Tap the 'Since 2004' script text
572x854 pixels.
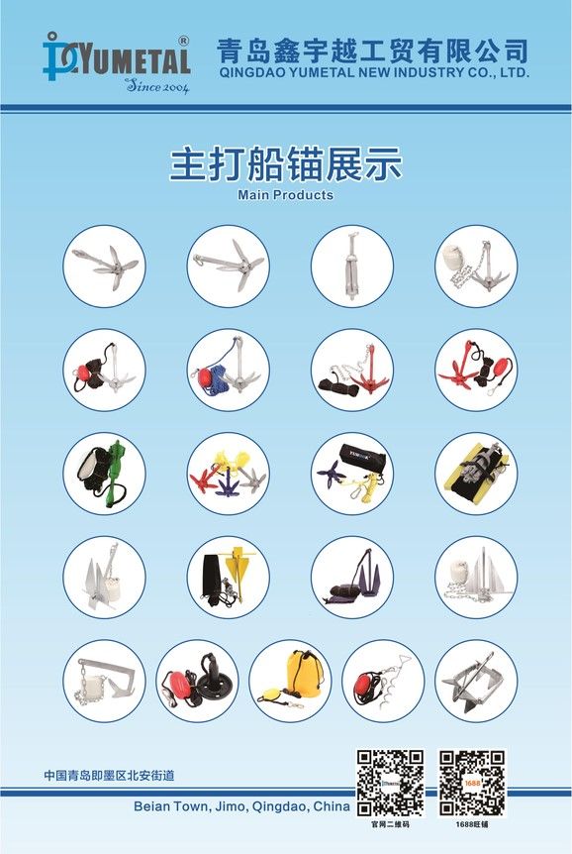click(156, 86)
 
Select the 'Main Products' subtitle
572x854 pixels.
click(285, 194)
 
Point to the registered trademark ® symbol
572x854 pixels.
click(183, 41)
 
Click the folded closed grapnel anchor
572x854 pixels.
click(351, 266)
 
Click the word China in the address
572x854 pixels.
click(332, 806)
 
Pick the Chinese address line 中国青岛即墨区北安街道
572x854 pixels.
click(109, 775)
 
